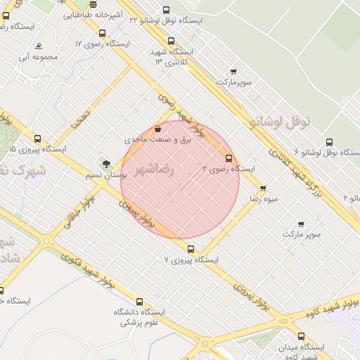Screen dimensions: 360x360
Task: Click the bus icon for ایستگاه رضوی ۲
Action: [229, 158]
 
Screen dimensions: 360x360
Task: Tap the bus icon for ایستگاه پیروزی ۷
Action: [191, 249]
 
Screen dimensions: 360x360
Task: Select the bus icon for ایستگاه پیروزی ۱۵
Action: [37, 139]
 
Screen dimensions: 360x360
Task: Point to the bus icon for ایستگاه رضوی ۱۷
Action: [103, 33]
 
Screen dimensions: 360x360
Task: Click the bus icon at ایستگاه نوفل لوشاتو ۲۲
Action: [166, 10]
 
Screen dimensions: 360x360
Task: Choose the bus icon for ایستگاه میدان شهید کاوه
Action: [301, 336]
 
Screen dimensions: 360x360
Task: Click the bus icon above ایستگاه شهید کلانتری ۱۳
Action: [172, 40]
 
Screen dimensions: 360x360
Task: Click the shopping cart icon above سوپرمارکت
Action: [233, 71]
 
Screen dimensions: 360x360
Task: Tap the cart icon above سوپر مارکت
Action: [301, 224]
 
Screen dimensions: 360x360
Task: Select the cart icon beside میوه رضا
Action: [263, 188]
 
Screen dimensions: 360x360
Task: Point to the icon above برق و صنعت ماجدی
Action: [158, 129]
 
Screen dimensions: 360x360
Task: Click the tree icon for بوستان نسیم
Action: [106, 164]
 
